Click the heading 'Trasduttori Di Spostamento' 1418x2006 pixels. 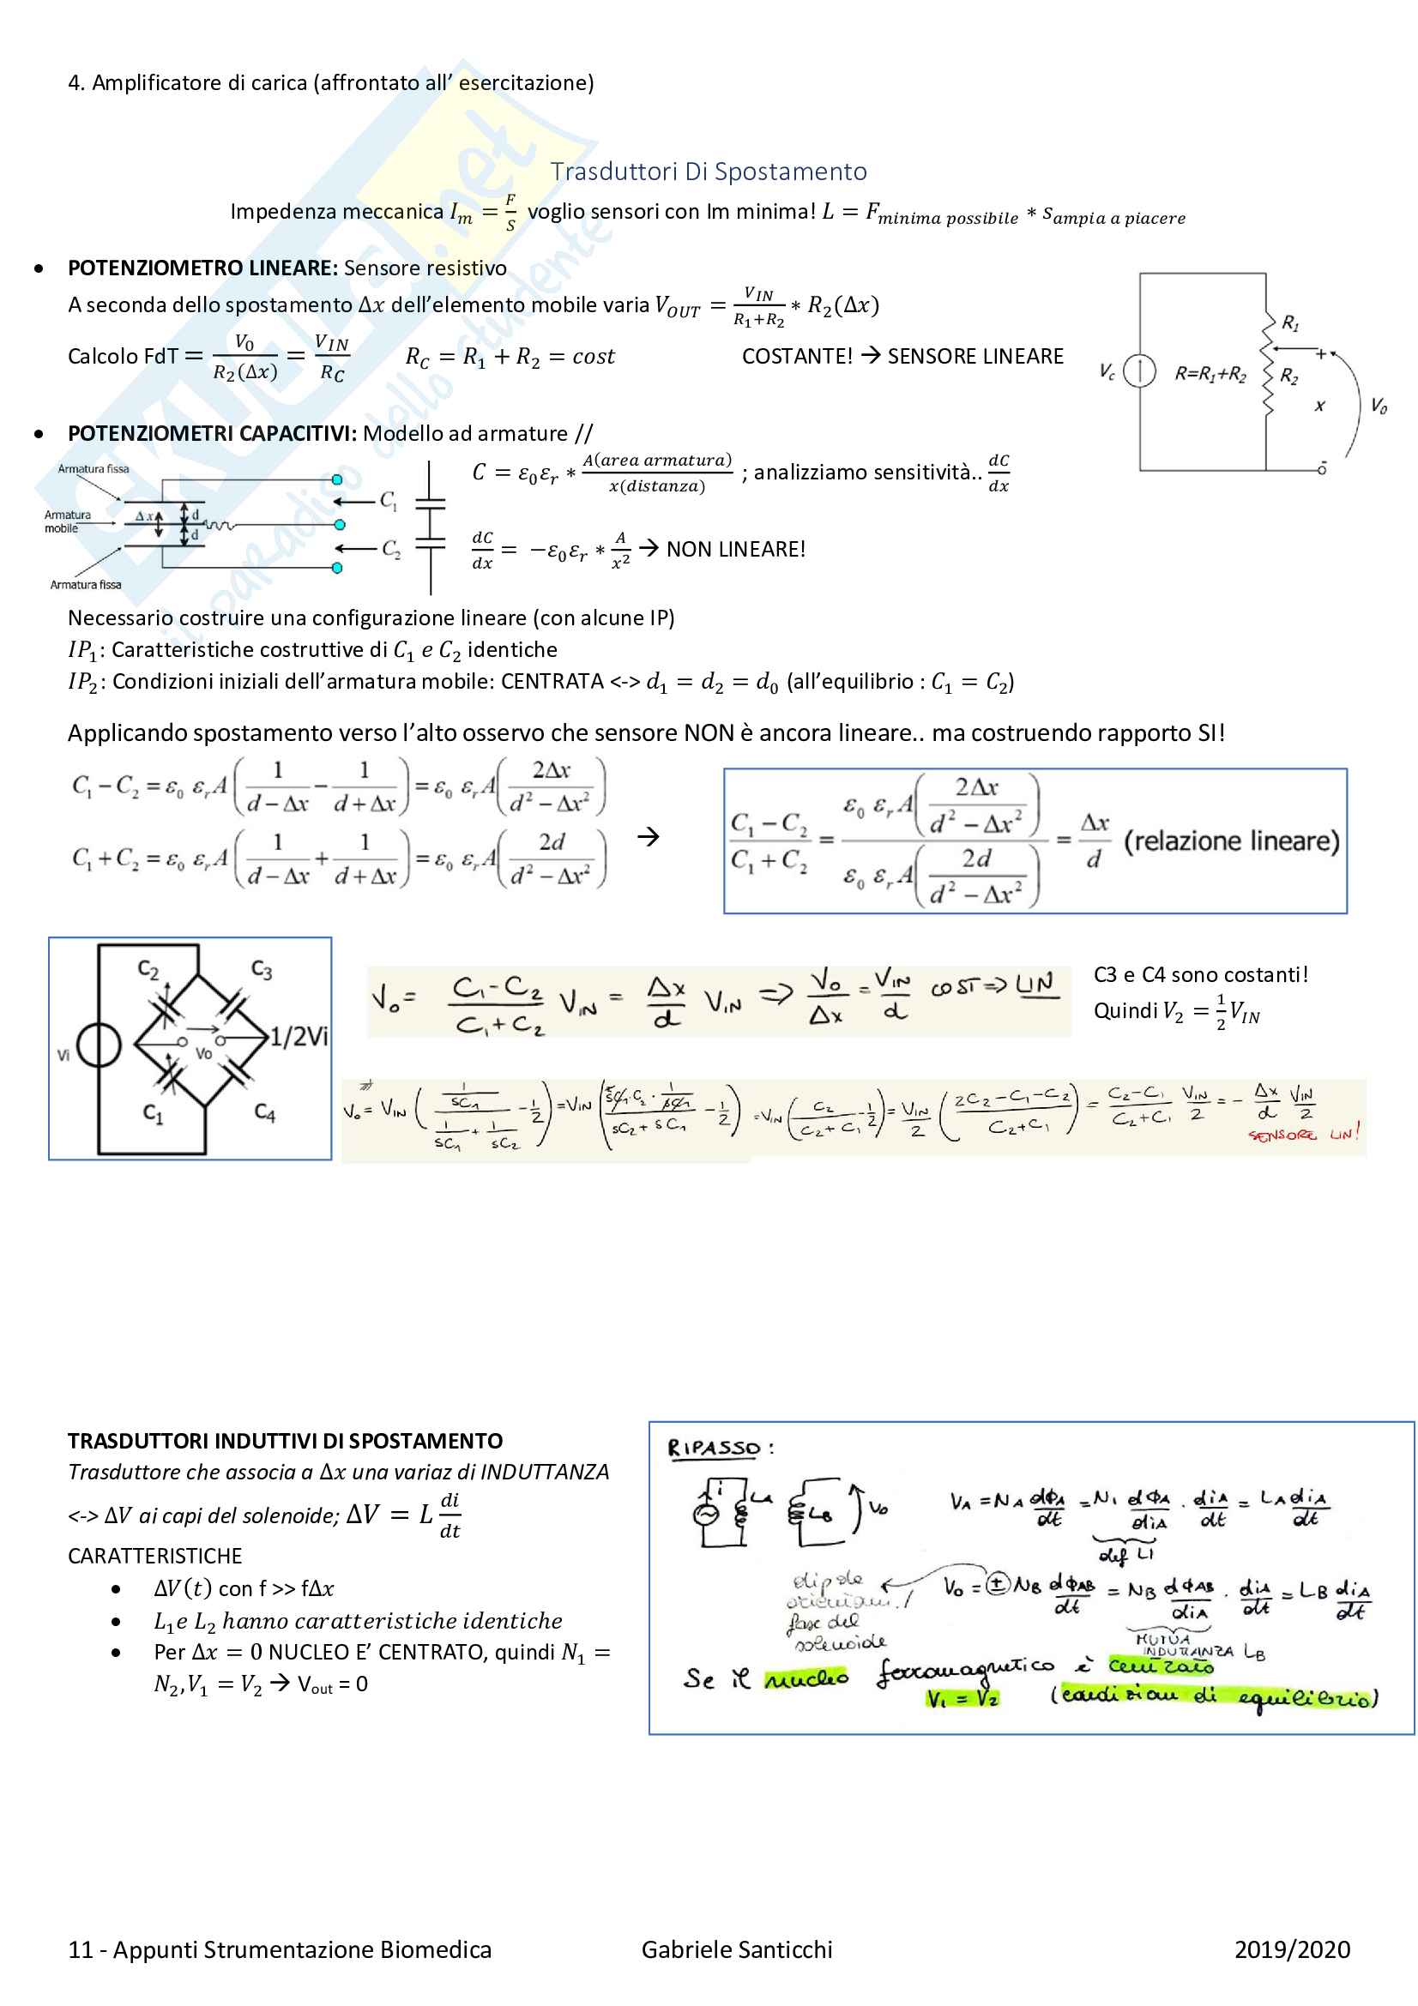pyautogui.click(x=708, y=172)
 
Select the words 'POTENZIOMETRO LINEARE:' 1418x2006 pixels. pyautogui.click(x=202, y=268)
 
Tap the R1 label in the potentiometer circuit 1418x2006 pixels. pyautogui.click(x=1289, y=323)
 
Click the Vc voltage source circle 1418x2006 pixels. pyautogui.click(x=1139, y=371)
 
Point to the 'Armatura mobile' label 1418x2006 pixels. pyautogui.click(x=67, y=521)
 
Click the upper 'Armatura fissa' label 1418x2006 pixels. pyautogui.click(x=93, y=469)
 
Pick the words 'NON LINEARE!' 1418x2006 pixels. pyautogui.click(x=736, y=550)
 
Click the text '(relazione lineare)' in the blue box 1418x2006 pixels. pyautogui.click(x=1231, y=841)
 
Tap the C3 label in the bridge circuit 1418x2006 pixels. pyautogui.click(x=262, y=970)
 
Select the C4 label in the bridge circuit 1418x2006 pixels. pyautogui.click(x=265, y=1112)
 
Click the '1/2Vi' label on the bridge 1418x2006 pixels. pyautogui.click(x=299, y=1037)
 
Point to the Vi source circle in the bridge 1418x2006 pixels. pyautogui.click(x=99, y=1045)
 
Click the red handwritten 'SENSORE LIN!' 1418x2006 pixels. pyautogui.click(x=1304, y=1135)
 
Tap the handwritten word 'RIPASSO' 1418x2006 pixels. pyautogui.click(x=714, y=1449)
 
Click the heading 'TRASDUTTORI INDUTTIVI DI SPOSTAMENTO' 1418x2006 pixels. pyautogui.click(x=285, y=1441)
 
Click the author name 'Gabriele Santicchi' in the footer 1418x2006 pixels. pyautogui.click(x=737, y=1949)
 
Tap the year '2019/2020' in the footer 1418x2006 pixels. pyautogui.click(x=1291, y=1949)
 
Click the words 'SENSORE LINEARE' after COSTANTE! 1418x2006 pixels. pyautogui.click(x=975, y=357)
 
